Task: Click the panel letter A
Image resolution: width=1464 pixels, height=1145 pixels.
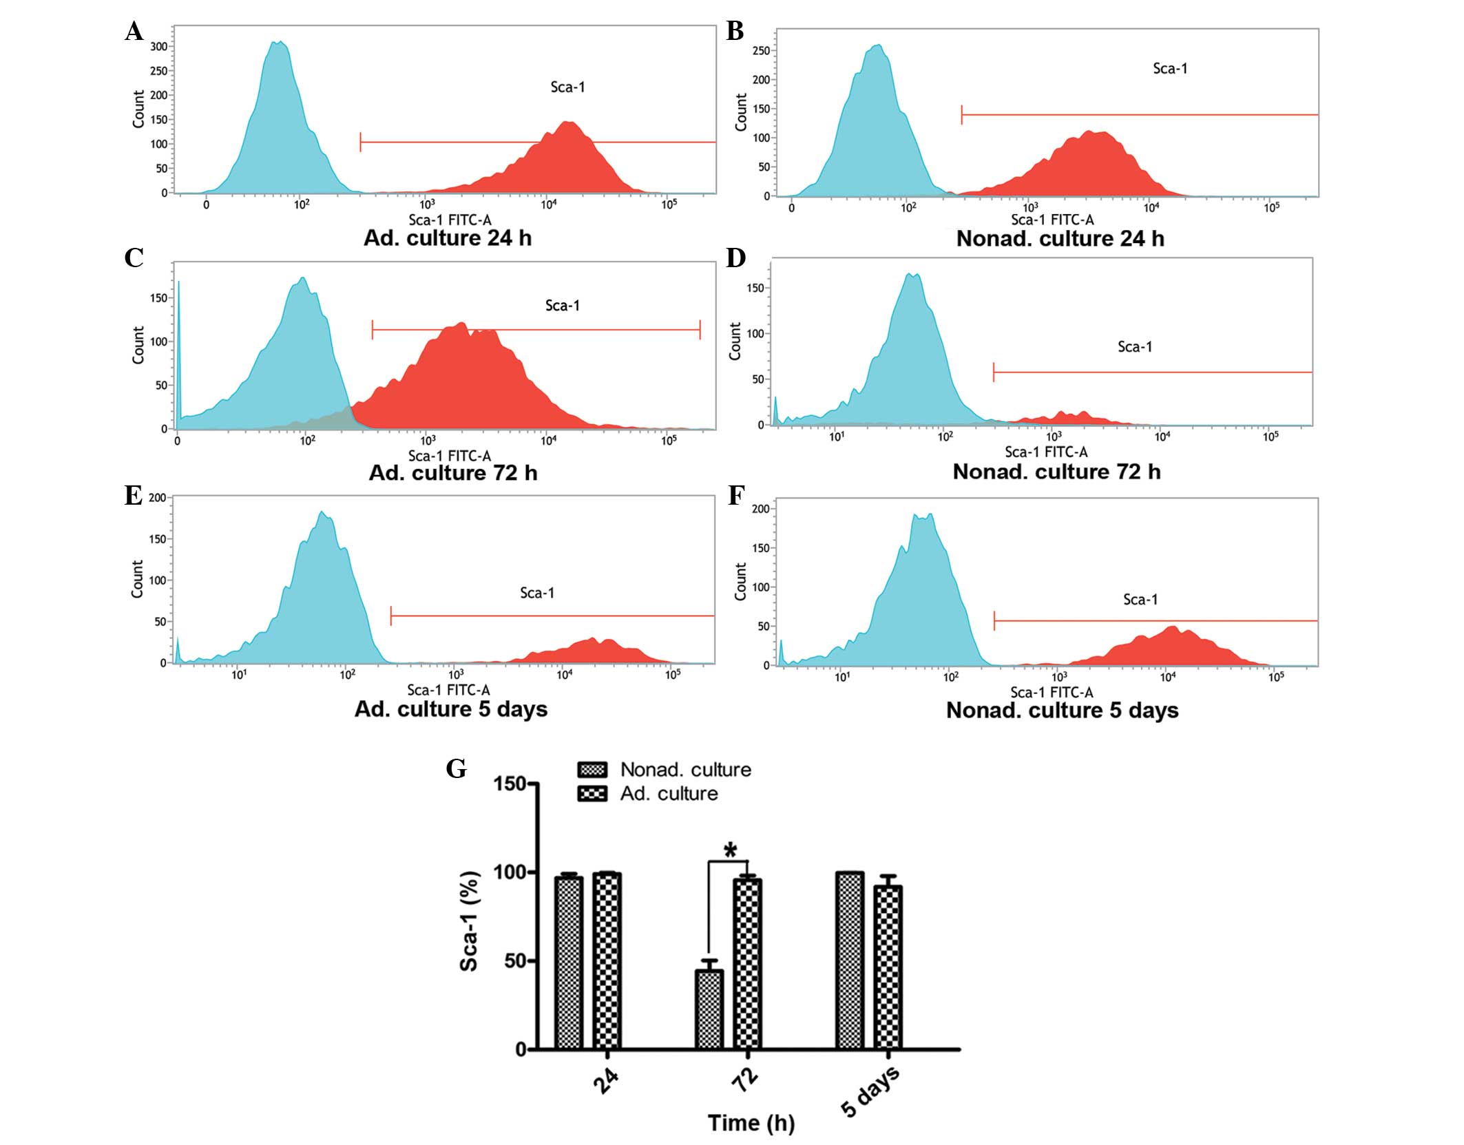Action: (134, 32)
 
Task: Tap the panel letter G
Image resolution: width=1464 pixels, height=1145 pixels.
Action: (456, 768)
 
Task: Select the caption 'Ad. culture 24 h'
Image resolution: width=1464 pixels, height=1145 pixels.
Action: (448, 238)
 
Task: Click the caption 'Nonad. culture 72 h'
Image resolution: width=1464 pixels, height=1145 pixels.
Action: (1056, 472)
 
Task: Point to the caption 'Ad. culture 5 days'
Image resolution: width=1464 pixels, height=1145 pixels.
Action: (451, 709)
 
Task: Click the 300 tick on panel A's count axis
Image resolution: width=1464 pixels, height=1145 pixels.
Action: (159, 46)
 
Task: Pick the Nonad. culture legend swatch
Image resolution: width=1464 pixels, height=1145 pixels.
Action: (592, 769)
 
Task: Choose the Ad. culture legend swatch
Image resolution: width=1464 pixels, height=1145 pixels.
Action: (592, 794)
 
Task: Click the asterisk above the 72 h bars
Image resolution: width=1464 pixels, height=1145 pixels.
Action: (730, 851)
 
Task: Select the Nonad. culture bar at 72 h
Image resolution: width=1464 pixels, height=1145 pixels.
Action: (709, 1009)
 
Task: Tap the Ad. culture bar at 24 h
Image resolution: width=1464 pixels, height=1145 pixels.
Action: (607, 960)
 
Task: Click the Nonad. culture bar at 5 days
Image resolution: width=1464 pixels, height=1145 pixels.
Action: (850, 960)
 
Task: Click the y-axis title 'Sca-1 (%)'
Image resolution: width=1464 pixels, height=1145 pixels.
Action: (469, 921)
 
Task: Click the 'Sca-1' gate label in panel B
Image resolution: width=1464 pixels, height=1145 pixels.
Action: (1170, 68)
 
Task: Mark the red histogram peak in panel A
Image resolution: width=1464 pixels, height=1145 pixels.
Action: (568, 124)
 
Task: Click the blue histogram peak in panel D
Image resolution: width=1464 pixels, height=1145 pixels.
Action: (913, 275)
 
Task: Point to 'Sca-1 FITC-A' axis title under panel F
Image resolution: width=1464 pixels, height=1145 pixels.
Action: (1052, 692)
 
